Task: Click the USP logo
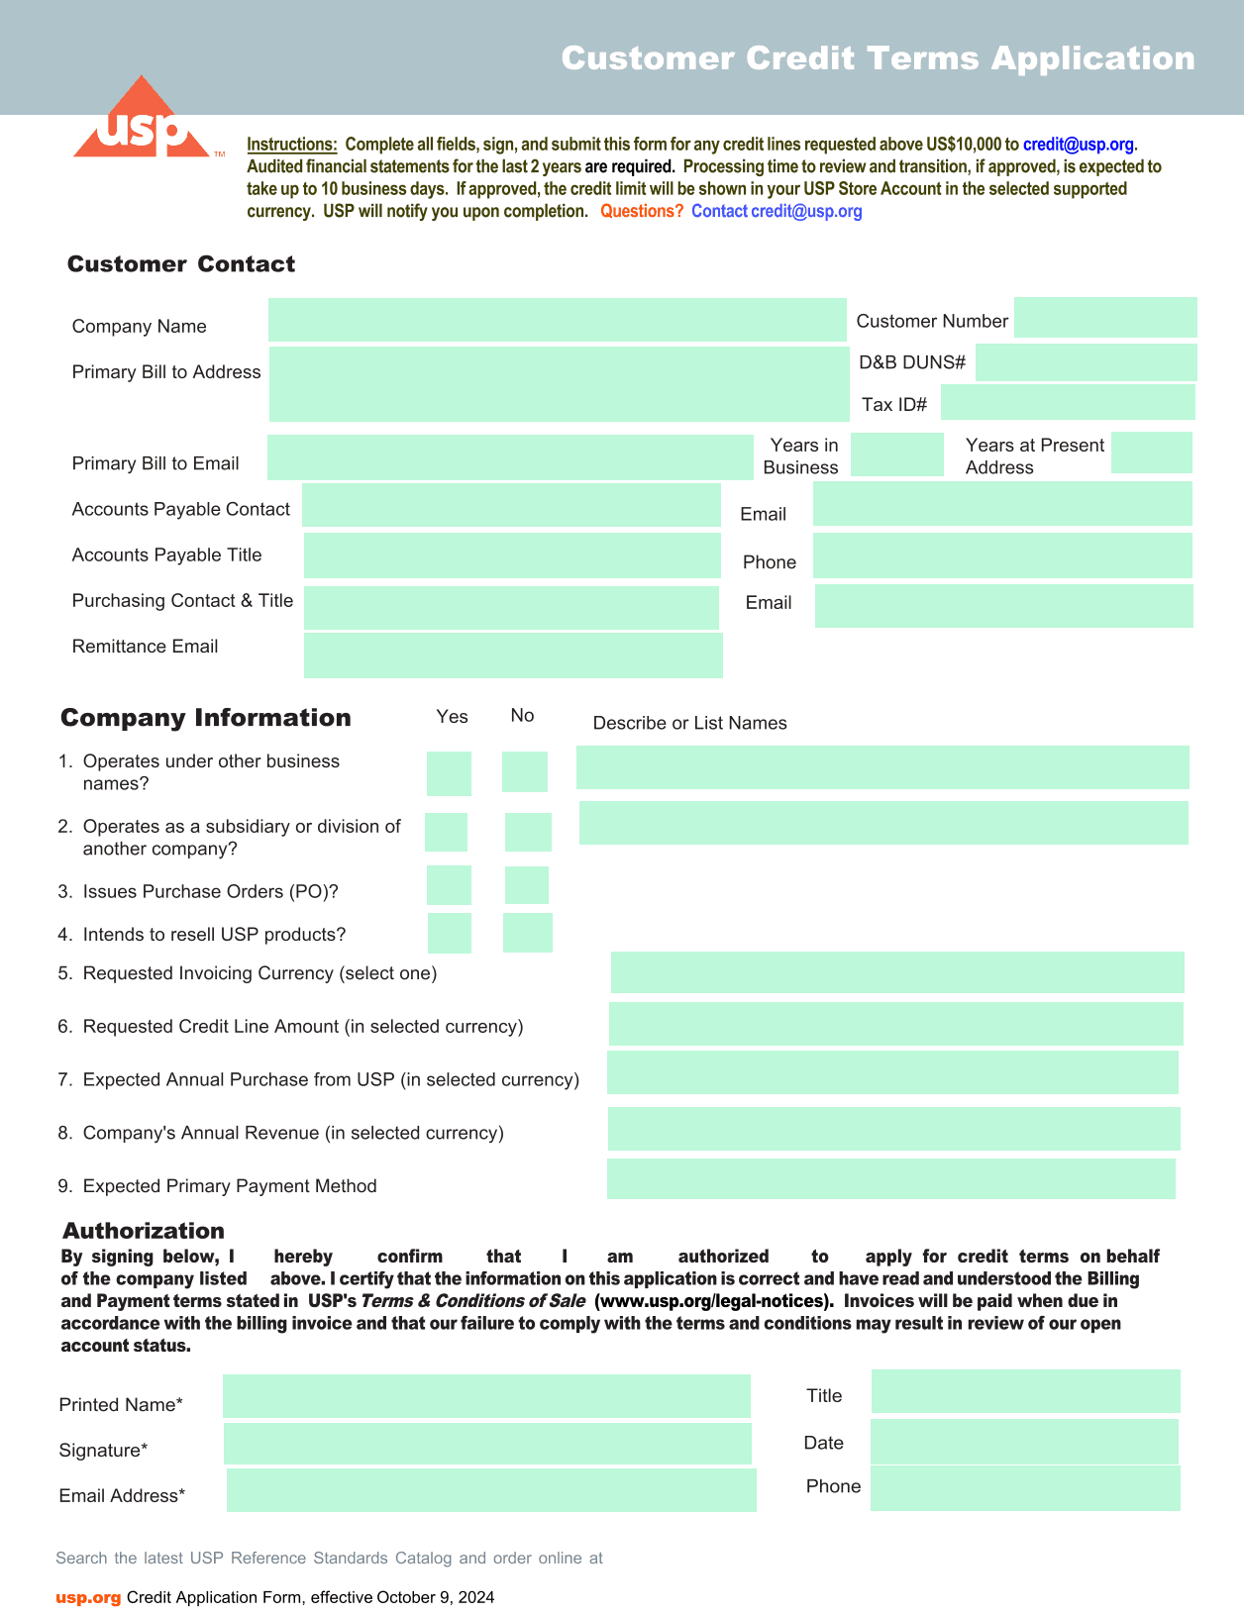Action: pos(143,121)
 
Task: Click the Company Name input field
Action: pos(557,320)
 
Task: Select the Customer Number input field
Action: pos(1105,318)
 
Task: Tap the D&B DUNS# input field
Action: pos(1086,362)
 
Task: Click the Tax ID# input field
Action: pos(1068,402)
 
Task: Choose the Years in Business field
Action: pos(896,454)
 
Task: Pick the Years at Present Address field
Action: pos(1151,453)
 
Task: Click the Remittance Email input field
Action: pos(513,656)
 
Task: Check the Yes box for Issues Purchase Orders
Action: pos(449,885)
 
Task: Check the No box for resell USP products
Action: pos(527,933)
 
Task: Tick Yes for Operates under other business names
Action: pos(449,773)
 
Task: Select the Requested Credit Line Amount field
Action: pos(895,1024)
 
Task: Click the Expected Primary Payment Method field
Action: pos(890,1178)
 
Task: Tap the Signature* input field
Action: pos(487,1444)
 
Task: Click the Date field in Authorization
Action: pos(1024,1442)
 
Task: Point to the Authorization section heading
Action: pos(144,1231)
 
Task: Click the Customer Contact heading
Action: pos(181,264)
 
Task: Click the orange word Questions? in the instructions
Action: pos(642,211)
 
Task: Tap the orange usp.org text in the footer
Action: pos(88,1597)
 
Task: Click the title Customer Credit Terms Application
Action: pos(878,58)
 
